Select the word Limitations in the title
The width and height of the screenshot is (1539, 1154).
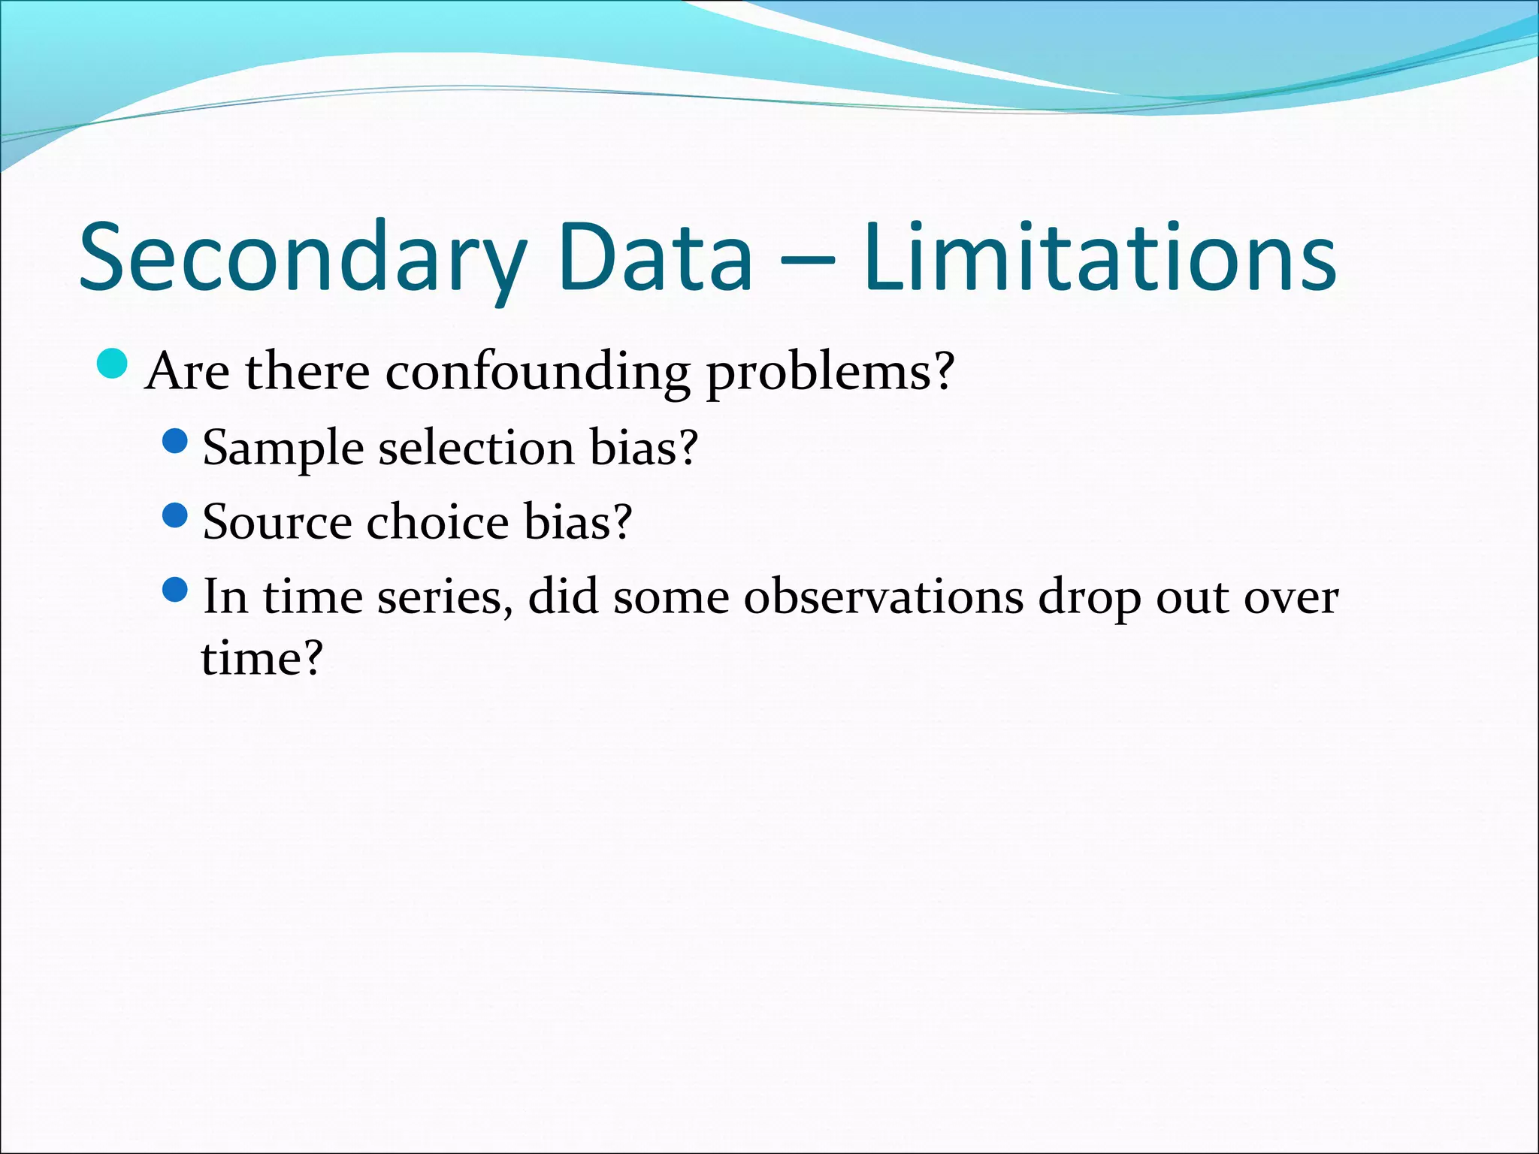[x=1099, y=258]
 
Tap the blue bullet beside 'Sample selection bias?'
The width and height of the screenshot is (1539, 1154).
[x=174, y=441]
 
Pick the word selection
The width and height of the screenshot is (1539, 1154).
[x=476, y=449]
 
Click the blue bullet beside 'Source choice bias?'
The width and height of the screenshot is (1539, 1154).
[x=174, y=515]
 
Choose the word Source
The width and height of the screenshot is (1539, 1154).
[x=277, y=522]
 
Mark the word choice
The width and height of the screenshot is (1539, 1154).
[x=437, y=522]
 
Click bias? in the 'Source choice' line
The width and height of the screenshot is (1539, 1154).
[x=578, y=522]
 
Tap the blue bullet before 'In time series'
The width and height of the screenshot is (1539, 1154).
[x=174, y=590]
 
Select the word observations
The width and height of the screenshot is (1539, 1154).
[x=884, y=598]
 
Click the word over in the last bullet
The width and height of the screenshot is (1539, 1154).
[x=1291, y=598]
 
